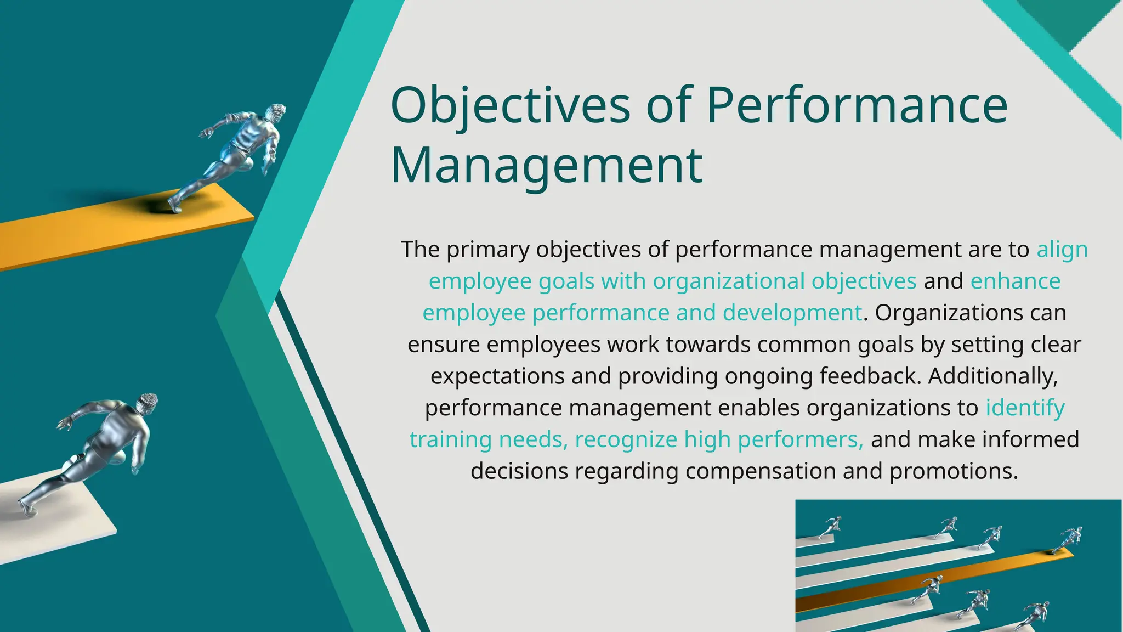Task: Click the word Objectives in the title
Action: click(x=510, y=105)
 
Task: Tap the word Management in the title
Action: click(x=546, y=165)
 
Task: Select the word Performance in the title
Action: click(x=857, y=105)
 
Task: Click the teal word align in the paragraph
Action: click(x=1062, y=250)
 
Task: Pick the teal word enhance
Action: click(x=1015, y=281)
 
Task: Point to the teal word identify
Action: click(x=1024, y=408)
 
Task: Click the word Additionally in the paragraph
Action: click(x=992, y=376)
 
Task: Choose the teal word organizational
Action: click(x=729, y=281)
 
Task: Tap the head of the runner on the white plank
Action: click(x=147, y=404)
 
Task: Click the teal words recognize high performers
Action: click(x=719, y=440)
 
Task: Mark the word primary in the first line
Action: click(x=487, y=250)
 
